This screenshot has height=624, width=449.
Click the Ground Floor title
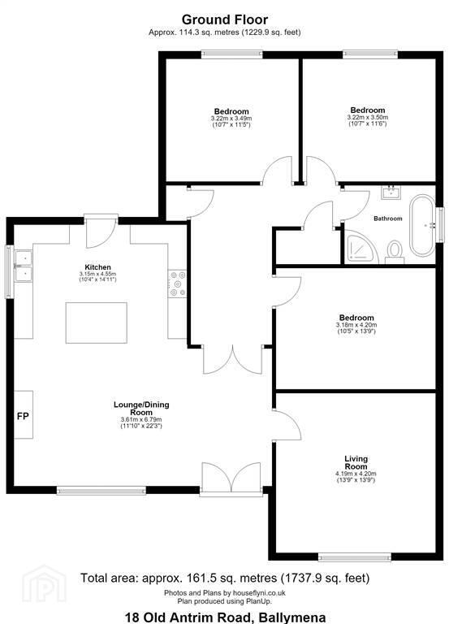click(x=225, y=19)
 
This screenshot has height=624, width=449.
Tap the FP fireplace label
click(x=23, y=416)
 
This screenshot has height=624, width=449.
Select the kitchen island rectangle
click(x=97, y=323)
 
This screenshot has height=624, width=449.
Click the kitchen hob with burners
click(x=177, y=284)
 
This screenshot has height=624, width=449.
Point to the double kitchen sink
click(x=23, y=266)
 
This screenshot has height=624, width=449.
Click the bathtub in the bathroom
click(x=422, y=226)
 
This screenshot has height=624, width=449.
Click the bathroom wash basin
click(x=391, y=193)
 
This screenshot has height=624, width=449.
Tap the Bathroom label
click(x=388, y=219)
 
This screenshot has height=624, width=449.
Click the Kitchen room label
click(x=97, y=267)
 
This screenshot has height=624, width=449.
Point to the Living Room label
click(x=356, y=462)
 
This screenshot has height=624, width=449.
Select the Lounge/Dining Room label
click(x=141, y=409)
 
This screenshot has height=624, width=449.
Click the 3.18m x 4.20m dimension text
click(x=356, y=325)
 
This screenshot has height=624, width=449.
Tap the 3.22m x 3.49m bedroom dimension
click(x=231, y=118)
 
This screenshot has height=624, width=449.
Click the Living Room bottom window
click(x=355, y=558)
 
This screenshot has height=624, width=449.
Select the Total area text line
click(x=225, y=578)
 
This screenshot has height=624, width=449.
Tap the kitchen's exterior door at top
click(x=101, y=231)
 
